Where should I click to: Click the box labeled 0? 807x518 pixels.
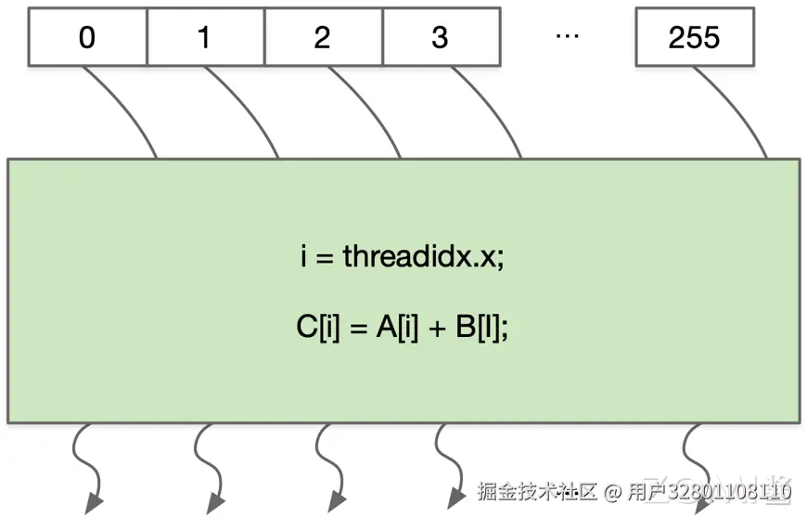coord(87,37)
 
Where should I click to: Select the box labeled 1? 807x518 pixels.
coord(205,37)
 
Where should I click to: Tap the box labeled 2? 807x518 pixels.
coord(323,37)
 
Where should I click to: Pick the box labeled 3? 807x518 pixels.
coord(441,37)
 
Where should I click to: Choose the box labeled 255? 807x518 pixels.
coord(694,37)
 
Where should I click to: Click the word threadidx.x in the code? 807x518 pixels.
coord(423,256)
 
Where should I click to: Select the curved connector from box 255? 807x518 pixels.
coord(737,111)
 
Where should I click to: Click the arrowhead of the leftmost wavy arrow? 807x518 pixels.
coord(94,503)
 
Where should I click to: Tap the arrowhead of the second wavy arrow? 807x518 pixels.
coord(215,503)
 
